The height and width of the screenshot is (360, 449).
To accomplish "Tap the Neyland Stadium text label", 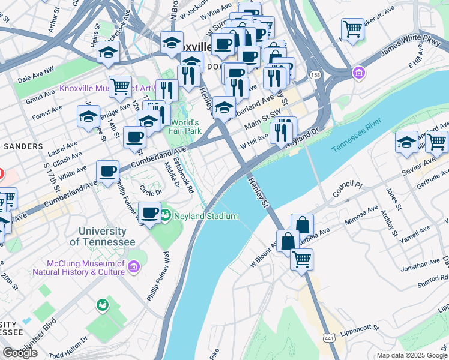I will [206, 216].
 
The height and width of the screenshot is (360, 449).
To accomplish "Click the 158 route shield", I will [315, 74].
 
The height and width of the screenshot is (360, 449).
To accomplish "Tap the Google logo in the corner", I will [20, 353].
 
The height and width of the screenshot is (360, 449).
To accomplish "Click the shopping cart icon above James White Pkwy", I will [352, 28].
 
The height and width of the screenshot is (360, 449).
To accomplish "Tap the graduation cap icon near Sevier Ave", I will [406, 143].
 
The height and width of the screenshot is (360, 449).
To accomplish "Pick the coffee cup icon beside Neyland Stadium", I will [149, 212].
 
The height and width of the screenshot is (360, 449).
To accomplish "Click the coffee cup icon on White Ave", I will [107, 172].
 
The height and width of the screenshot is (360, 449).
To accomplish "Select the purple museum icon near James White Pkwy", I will [359, 73].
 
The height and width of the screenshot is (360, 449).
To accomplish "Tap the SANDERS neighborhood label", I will [22, 146].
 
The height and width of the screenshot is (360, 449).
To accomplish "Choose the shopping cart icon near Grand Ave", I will [120, 86].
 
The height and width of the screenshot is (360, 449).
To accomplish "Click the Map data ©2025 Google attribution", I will [411, 355].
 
